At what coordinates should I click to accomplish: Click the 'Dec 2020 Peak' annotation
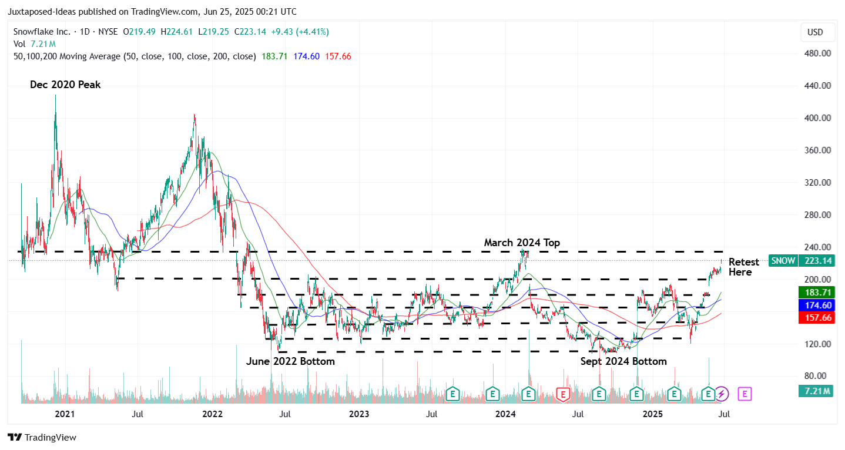pyautogui.click(x=65, y=85)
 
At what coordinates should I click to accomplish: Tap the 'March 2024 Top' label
pyautogui.click(x=522, y=243)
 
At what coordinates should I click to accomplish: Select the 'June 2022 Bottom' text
pyautogui.click(x=290, y=361)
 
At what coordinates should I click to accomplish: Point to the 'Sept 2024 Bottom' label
pyautogui.click(x=623, y=361)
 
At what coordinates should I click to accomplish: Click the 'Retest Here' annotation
pyautogui.click(x=743, y=267)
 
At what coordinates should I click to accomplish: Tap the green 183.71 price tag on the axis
pyautogui.click(x=815, y=292)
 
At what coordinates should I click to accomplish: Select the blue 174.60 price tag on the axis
pyautogui.click(x=815, y=305)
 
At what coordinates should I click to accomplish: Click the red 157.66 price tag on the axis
pyautogui.click(x=815, y=317)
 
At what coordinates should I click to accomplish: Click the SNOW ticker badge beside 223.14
pyautogui.click(x=783, y=261)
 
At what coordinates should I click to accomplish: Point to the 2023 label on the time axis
pyautogui.click(x=359, y=414)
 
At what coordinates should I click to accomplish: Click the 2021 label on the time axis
pyautogui.click(x=65, y=414)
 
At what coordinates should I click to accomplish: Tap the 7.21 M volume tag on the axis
pyautogui.click(x=815, y=391)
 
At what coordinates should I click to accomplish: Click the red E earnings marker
pyautogui.click(x=563, y=394)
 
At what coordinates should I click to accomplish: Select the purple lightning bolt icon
pyautogui.click(x=722, y=394)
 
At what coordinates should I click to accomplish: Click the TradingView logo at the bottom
pyautogui.click(x=42, y=438)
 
